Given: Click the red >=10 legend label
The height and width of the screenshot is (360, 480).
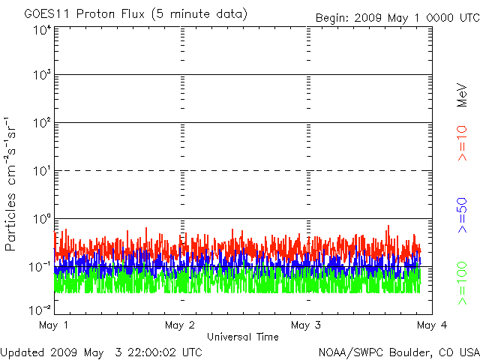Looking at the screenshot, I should (463, 142).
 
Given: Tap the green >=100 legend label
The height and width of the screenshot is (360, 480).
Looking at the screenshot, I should (463, 283).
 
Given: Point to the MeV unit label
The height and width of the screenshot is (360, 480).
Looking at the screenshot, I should (463, 94).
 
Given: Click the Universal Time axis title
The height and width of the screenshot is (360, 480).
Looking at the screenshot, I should (242, 337).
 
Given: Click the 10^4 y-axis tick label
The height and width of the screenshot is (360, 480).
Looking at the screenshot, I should (40, 30).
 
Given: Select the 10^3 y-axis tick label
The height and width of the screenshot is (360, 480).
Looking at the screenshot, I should (40, 75).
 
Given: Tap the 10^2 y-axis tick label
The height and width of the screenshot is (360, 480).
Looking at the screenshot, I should (40, 122).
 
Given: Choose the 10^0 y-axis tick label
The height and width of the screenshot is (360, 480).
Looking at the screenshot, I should (40, 218).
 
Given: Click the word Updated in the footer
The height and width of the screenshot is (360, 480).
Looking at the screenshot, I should (21, 351).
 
